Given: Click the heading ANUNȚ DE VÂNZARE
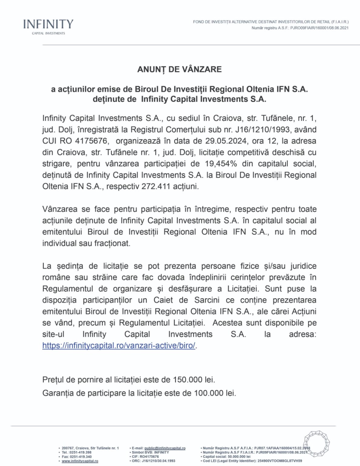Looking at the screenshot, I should (180, 69).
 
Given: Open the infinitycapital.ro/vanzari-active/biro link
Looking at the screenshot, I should (119, 346).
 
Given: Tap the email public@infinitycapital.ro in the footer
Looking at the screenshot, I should (165, 448).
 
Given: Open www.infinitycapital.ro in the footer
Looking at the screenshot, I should (80, 461).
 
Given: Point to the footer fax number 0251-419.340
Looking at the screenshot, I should (81, 457).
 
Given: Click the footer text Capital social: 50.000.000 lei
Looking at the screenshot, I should (227, 457).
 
